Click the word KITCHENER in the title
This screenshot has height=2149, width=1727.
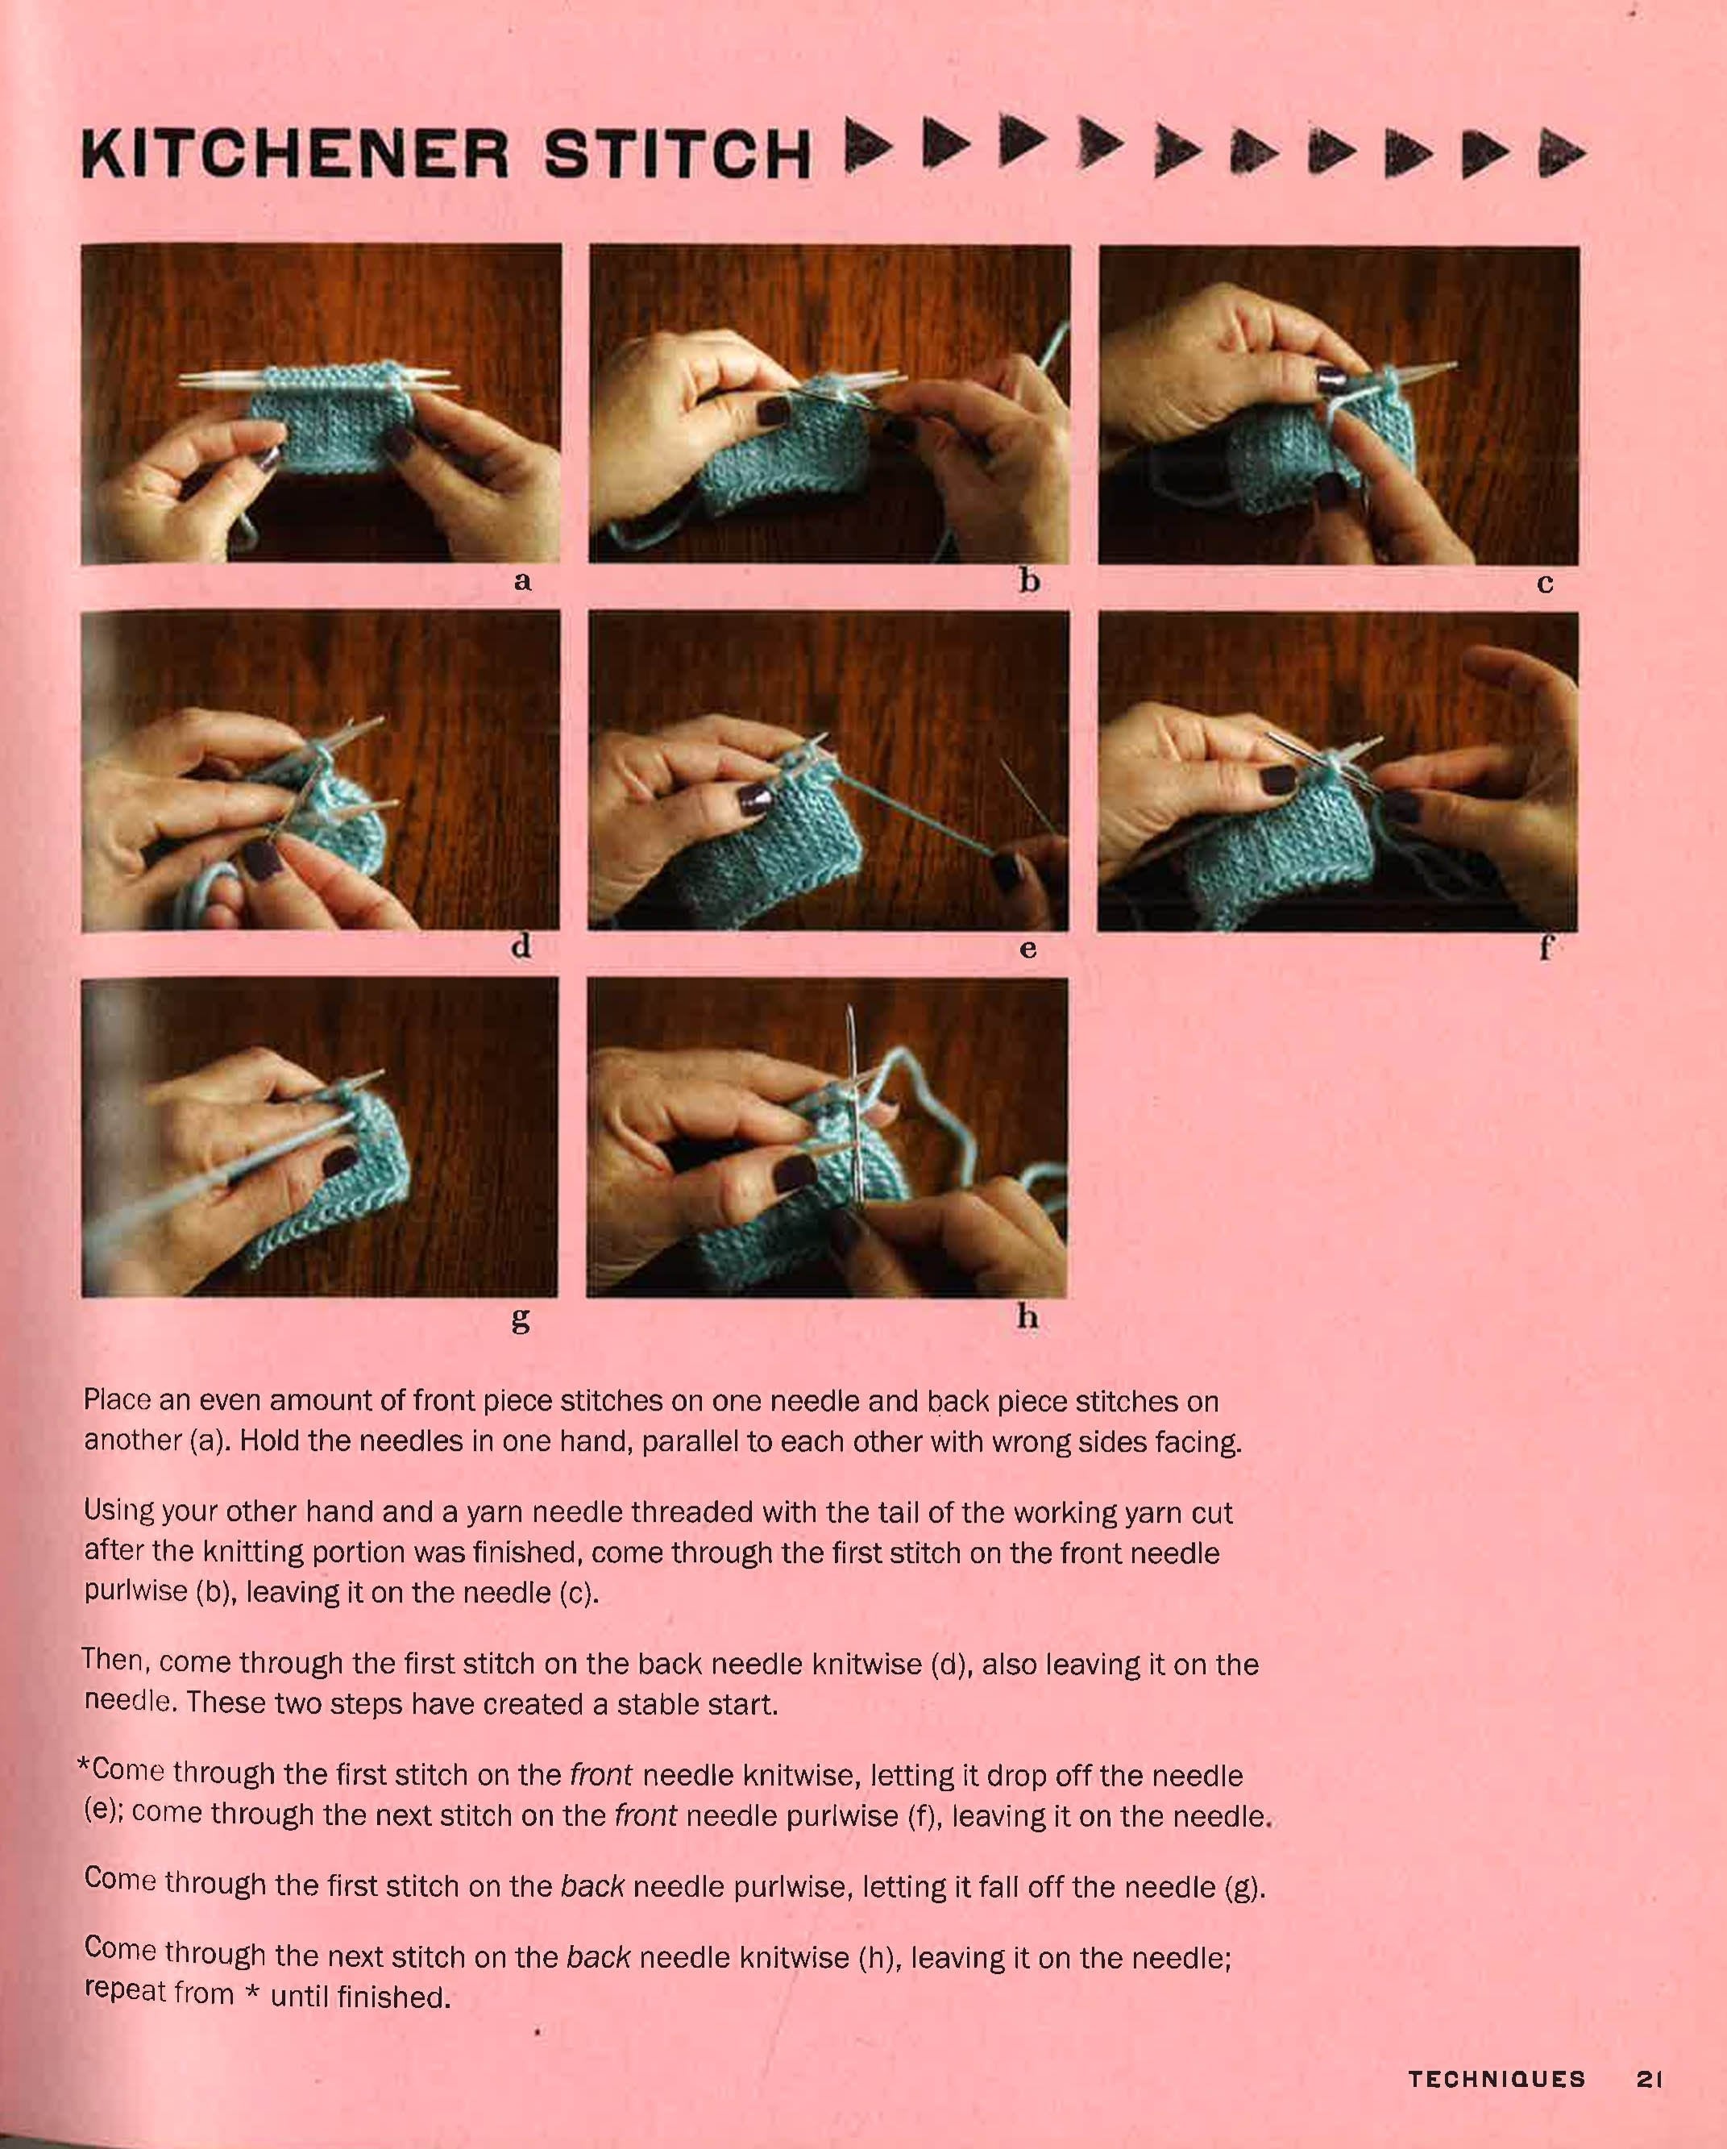[x=294, y=155]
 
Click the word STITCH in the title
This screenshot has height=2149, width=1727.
[x=678, y=155]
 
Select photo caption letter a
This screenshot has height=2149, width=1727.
[x=522, y=581]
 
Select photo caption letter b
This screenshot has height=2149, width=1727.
[x=1029, y=579]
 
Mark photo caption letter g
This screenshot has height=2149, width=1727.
[x=520, y=1320]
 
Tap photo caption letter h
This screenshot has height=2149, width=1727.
[x=1027, y=1316]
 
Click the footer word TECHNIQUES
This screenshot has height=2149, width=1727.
[x=1497, y=2078]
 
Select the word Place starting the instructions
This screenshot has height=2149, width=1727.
[x=117, y=1399]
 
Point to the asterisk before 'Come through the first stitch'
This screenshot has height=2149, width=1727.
[x=85, y=1766]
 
